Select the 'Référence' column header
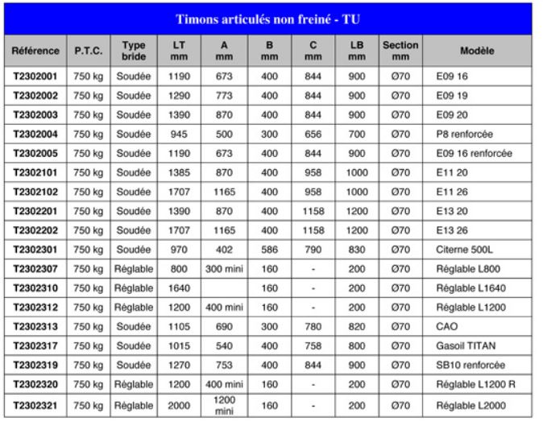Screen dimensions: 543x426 pos(36,51)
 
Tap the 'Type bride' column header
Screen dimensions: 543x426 pos(133,51)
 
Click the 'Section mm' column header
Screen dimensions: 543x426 pos(400,51)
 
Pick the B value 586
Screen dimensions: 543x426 pos(271,249)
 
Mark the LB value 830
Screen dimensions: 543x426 pos(355,249)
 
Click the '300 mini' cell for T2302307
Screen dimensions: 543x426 pos(225,268)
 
